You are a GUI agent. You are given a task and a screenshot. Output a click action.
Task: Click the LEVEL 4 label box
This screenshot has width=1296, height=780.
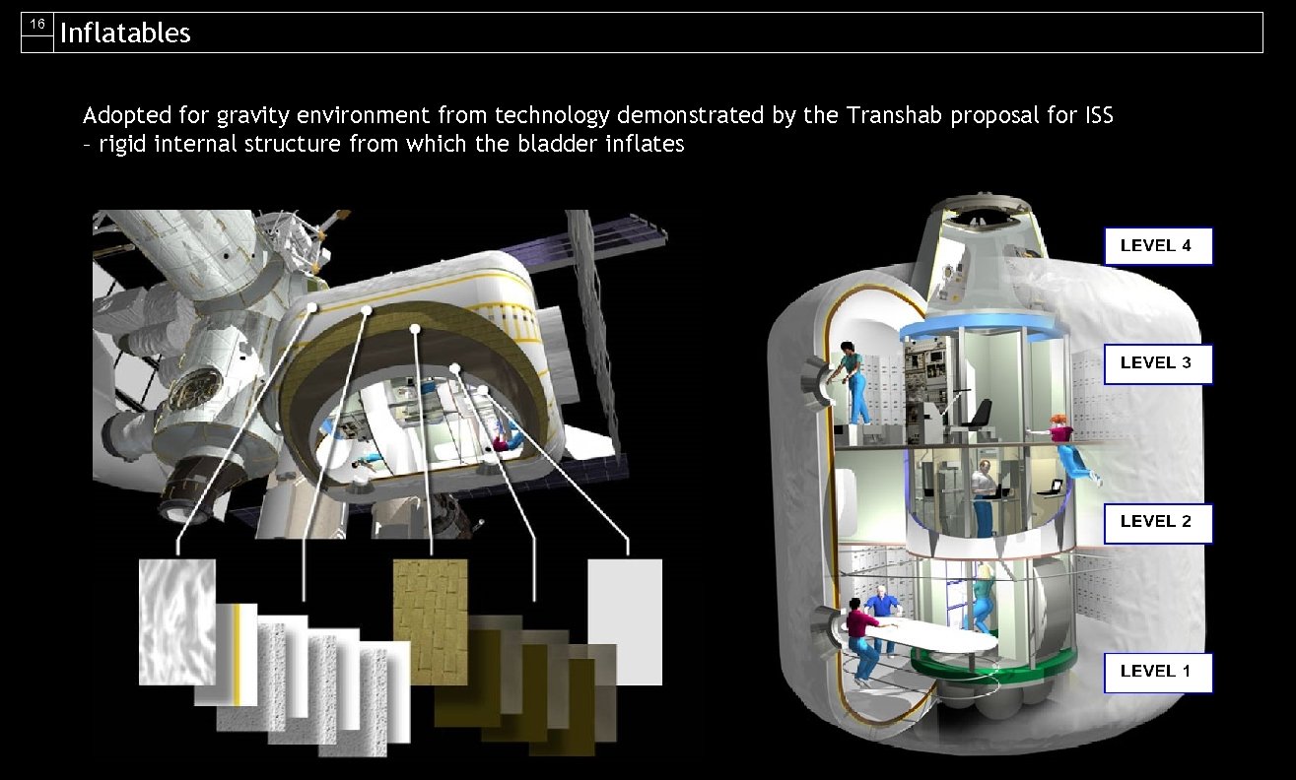point(1156,246)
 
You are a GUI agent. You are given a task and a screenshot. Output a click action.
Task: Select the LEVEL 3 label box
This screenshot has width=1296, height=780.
point(1156,362)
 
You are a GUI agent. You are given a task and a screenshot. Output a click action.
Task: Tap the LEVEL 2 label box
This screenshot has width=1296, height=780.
point(1156,522)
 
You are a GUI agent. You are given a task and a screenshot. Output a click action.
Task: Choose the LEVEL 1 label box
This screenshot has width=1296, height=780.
point(1156,672)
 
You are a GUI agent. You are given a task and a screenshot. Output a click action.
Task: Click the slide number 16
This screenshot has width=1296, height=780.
point(37,25)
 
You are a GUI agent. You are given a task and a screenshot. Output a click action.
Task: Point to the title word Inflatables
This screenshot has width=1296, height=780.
point(125,33)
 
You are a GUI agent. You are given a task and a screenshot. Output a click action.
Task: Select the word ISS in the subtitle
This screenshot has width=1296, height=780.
point(1096,115)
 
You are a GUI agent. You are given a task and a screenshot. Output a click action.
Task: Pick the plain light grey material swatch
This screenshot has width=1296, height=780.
point(625,621)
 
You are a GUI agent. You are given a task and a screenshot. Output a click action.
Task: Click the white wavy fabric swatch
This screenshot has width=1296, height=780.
point(177,620)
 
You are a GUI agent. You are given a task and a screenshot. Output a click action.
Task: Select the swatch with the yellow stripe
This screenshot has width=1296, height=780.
point(237,654)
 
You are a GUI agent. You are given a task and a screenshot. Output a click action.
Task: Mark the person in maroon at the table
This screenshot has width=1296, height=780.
point(862,640)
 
